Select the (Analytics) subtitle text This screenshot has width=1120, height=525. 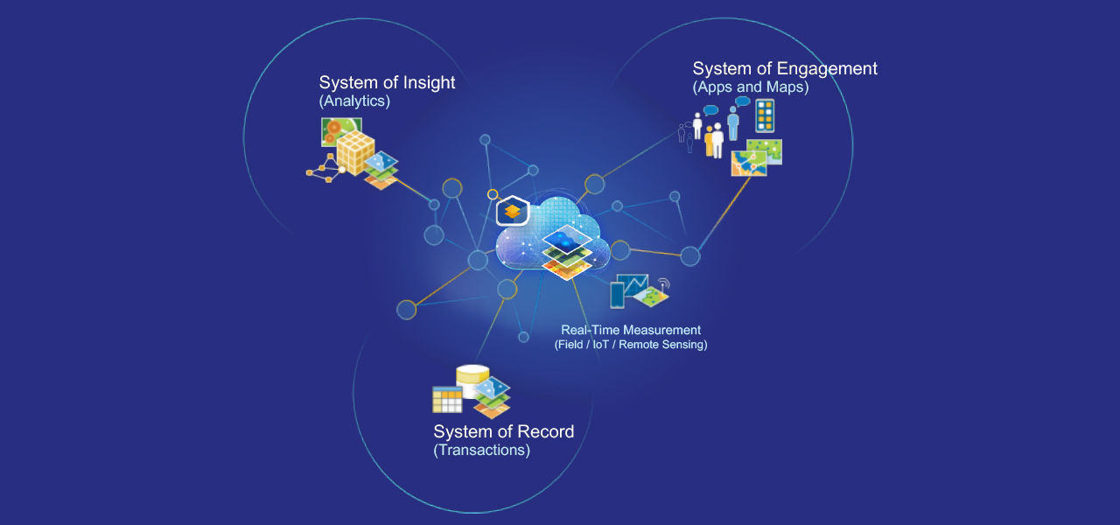[354, 101]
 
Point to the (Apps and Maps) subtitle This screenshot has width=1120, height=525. [750, 87]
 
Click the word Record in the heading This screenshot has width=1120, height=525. [545, 431]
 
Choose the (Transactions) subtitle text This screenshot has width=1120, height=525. [481, 451]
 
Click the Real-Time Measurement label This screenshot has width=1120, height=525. [631, 330]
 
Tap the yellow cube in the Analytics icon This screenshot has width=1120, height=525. [355, 154]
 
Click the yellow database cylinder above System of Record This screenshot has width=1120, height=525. [472, 380]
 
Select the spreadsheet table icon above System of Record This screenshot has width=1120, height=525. [447, 399]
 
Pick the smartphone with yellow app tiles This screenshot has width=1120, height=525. [764, 115]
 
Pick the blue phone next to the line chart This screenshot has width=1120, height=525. [617, 295]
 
